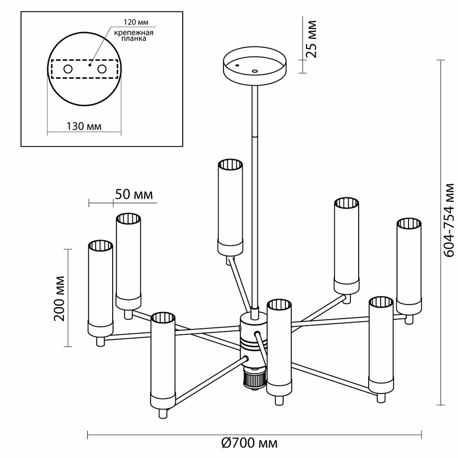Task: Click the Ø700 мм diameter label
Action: pyautogui.click(x=250, y=443)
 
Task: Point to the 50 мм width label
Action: pyautogui.click(x=134, y=194)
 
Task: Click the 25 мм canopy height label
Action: pyautogui.click(x=311, y=39)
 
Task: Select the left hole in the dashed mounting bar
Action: pyautogui.click(x=67, y=69)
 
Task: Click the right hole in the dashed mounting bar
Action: pyautogui.click(x=102, y=69)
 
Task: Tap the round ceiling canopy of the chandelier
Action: pyautogui.click(x=254, y=69)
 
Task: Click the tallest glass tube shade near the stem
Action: pyautogui.click(x=229, y=206)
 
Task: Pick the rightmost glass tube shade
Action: pyautogui.click(x=409, y=266)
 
